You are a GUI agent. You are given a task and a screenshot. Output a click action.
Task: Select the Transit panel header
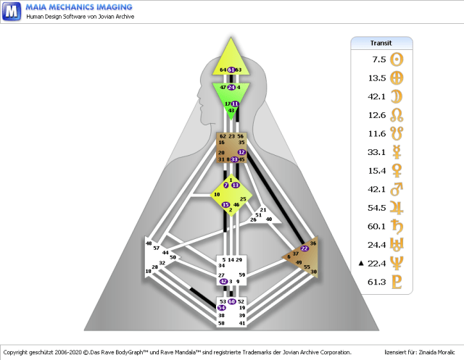tap(381, 43)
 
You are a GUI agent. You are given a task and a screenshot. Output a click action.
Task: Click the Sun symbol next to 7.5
tap(397, 60)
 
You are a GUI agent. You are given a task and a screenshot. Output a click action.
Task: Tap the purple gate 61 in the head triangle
tap(231, 70)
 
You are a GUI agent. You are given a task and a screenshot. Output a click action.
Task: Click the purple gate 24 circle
tap(231, 87)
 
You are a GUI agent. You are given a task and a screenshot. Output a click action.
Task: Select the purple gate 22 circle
tap(304, 248)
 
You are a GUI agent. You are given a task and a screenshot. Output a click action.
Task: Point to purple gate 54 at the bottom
tap(223, 308)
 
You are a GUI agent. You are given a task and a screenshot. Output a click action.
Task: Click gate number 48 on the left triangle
tap(149, 244)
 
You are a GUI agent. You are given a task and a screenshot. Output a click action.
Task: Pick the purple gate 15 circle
tap(226, 205)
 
